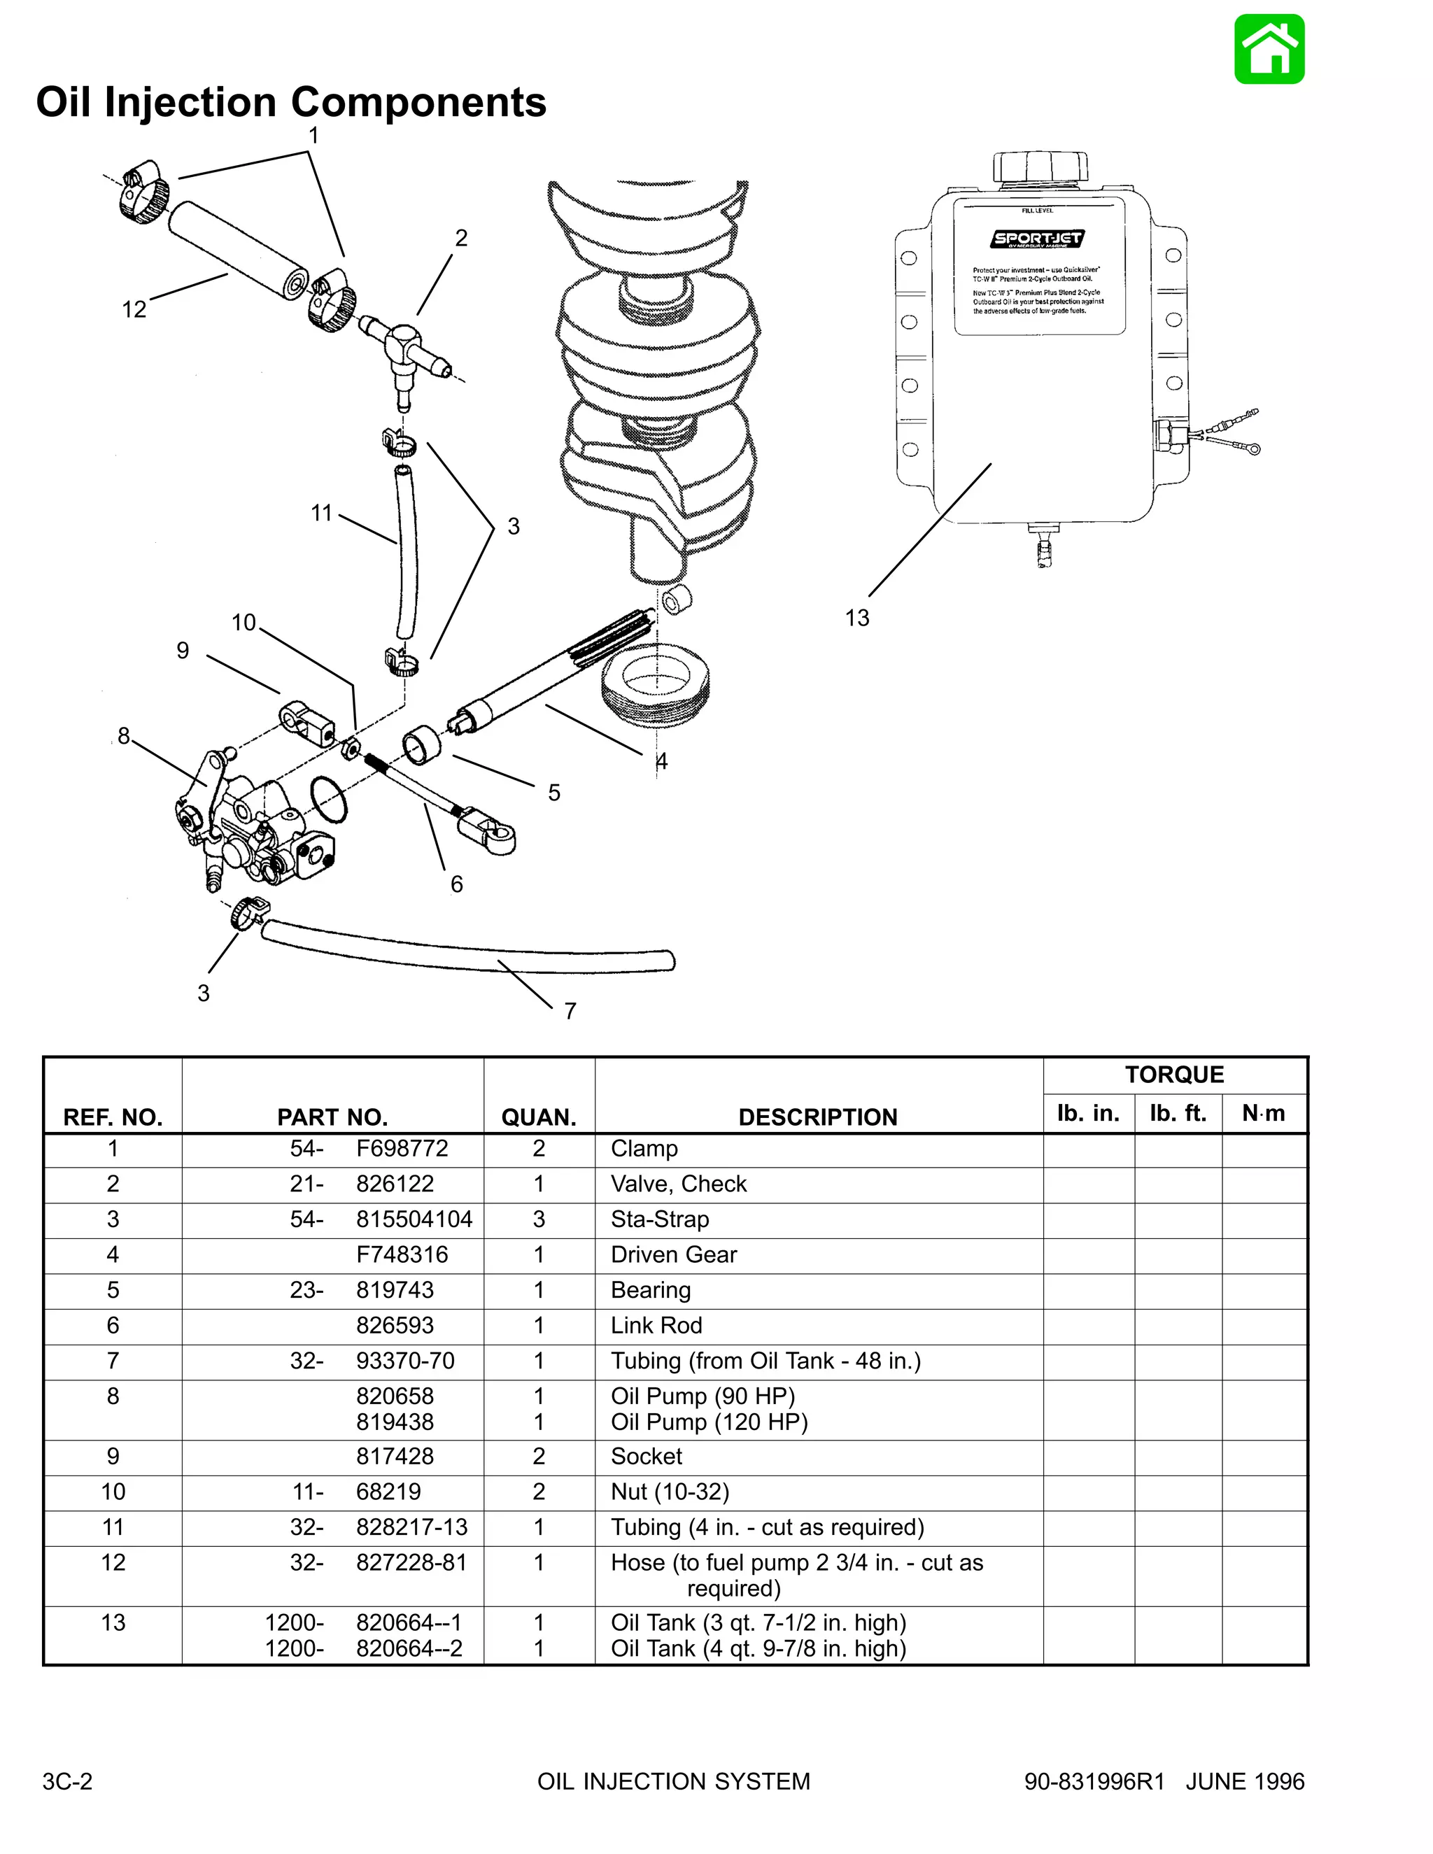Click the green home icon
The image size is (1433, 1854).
(x=1269, y=49)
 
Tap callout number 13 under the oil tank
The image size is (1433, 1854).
(x=856, y=618)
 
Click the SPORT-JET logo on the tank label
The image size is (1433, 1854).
(x=1038, y=239)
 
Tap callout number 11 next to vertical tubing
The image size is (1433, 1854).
(x=321, y=513)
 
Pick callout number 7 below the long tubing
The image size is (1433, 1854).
(x=570, y=1010)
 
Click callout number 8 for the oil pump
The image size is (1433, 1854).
(x=124, y=735)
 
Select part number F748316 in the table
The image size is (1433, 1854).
(x=402, y=1254)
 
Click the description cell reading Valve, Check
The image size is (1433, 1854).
(x=678, y=1183)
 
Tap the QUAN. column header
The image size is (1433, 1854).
(x=538, y=1117)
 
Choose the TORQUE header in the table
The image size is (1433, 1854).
(x=1174, y=1075)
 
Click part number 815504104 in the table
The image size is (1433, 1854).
(x=414, y=1219)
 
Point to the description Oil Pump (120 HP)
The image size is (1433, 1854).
(x=709, y=1422)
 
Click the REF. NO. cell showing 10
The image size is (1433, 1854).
(x=113, y=1492)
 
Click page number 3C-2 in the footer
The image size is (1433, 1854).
(x=67, y=1781)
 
